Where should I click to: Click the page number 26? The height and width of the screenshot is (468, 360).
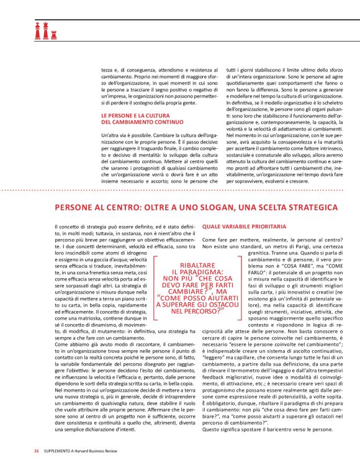point(37,450)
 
